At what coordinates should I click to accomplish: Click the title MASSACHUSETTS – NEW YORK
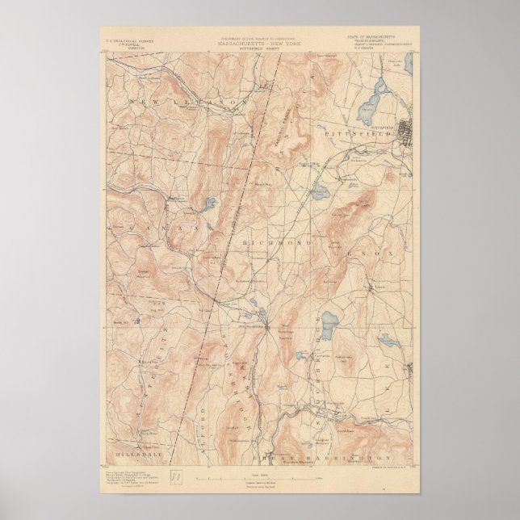pyautogui.click(x=259, y=42)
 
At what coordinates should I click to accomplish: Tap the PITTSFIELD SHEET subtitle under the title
pyautogui.click(x=259, y=47)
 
